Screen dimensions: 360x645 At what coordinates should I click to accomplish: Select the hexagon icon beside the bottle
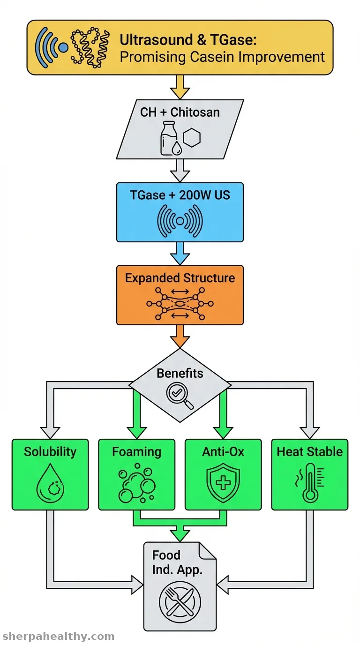coord(192,138)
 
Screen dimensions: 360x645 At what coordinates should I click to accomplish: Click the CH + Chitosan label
coord(180,112)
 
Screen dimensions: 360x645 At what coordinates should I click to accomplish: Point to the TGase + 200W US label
coord(180,195)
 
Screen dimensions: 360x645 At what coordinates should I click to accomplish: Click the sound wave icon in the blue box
coord(180,221)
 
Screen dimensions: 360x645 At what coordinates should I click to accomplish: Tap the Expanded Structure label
coord(180,278)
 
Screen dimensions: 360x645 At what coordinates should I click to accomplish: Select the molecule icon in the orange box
coord(180,304)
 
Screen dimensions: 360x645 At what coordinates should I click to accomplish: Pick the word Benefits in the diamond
coord(180,373)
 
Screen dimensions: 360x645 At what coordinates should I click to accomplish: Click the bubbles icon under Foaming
coord(137,483)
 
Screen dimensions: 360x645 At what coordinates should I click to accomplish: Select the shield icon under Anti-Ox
coord(223,483)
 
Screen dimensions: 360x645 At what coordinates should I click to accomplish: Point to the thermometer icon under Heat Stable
coord(310,483)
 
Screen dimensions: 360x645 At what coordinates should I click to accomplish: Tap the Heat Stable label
coord(310,452)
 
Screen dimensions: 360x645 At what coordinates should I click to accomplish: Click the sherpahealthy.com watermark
coord(58,636)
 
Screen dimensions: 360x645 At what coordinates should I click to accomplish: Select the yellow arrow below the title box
coord(180,87)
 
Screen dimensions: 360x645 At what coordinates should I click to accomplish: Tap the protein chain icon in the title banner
coord(90,47)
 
